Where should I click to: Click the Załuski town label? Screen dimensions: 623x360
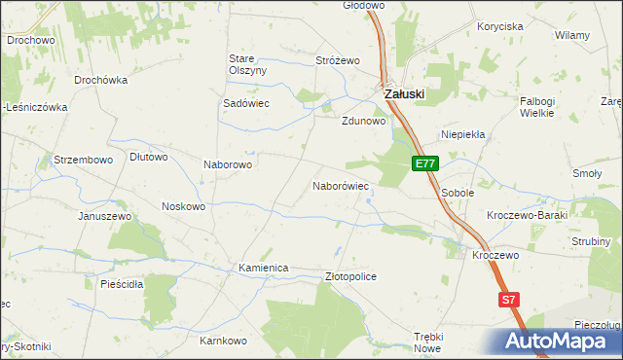tap(404, 93)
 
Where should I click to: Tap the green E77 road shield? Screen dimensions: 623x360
tap(423, 163)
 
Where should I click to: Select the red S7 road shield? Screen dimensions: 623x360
tap(507, 301)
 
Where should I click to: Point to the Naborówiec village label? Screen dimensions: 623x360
tap(340, 185)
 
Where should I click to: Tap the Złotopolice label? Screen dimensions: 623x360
tap(350, 277)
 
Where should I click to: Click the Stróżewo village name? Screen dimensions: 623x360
tap(338, 60)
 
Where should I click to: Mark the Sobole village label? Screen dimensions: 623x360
tap(457, 194)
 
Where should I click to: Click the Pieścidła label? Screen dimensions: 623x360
tap(122, 285)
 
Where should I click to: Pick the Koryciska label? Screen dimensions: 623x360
tap(500, 27)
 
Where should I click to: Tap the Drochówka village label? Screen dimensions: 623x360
tap(100, 80)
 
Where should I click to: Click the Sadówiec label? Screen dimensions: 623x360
tap(246, 103)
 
